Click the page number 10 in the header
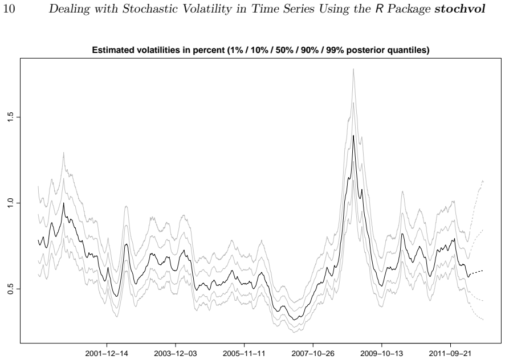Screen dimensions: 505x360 (x=9, y=9)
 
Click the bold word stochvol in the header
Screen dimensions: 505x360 (x=459, y=9)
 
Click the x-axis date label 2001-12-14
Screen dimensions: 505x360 (x=107, y=354)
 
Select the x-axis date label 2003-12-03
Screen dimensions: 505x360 (x=176, y=354)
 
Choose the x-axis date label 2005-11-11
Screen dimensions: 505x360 (x=244, y=354)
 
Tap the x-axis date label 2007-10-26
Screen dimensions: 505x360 (x=313, y=354)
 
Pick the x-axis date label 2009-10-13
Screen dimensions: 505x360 (x=382, y=354)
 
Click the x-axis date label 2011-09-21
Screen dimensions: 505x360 (x=450, y=354)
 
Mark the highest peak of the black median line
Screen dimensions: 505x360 (x=353, y=136)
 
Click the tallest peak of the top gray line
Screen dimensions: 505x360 (x=353, y=69)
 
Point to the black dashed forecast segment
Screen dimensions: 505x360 (x=476, y=272)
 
